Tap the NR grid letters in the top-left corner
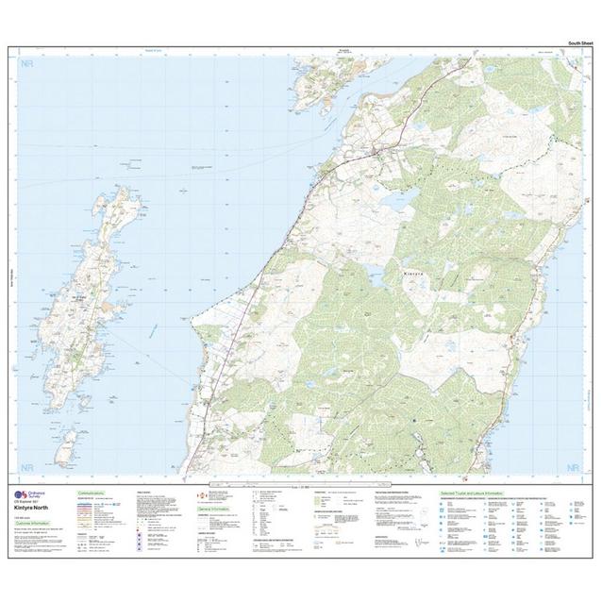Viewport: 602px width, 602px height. (27, 65)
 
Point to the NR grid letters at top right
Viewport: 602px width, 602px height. (573, 65)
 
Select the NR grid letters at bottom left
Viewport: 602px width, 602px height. (27, 467)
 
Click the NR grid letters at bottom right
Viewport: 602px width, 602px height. (573, 467)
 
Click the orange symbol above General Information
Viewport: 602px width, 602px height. (201, 494)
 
